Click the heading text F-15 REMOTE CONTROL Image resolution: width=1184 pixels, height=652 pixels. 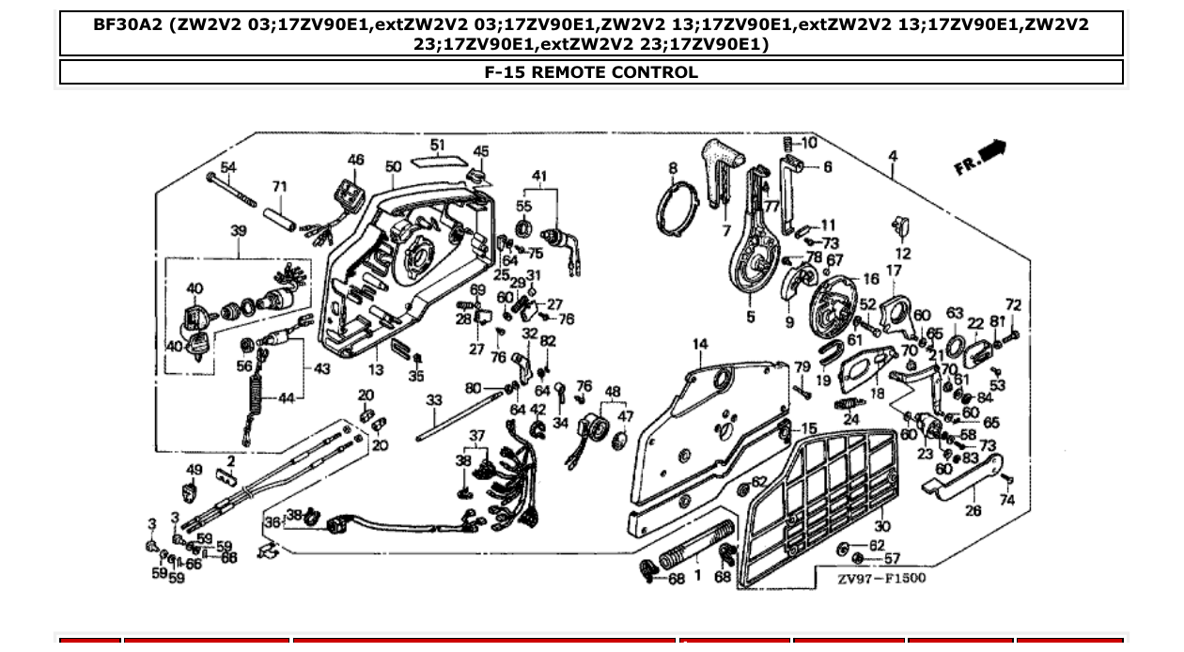[x=591, y=72]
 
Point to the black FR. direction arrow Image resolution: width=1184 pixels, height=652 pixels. [x=991, y=150]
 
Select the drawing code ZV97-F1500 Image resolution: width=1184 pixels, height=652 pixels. [x=881, y=578]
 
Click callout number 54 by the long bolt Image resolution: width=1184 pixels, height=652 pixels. [x=226, y=167]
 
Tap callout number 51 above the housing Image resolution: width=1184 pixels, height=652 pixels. [x=438, y=146]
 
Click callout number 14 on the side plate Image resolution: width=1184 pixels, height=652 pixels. [x=699, y=345]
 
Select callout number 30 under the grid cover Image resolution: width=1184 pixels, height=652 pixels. [x=881, y=527]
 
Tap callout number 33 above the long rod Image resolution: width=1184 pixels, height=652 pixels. [x=433, y=400]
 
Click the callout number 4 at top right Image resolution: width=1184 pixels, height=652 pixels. [x=893, y=156]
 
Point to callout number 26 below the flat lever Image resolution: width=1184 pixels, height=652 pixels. [x=973, y=511]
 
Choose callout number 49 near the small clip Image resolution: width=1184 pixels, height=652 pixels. [x=195, y=470]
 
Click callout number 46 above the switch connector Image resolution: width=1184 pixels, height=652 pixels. [x=355, y=160]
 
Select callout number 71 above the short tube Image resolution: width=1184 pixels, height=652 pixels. [x=279, y=187]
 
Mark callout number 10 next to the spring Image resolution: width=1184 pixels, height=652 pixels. [x=808, y=143]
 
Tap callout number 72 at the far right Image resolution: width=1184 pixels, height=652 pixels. [x=1012, y=305]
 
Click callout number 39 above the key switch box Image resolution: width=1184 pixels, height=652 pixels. [x=239, y=230]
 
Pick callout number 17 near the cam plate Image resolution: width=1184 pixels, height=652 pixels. [x=894, y=271]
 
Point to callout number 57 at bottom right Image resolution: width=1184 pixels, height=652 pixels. [x=891, y=559]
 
